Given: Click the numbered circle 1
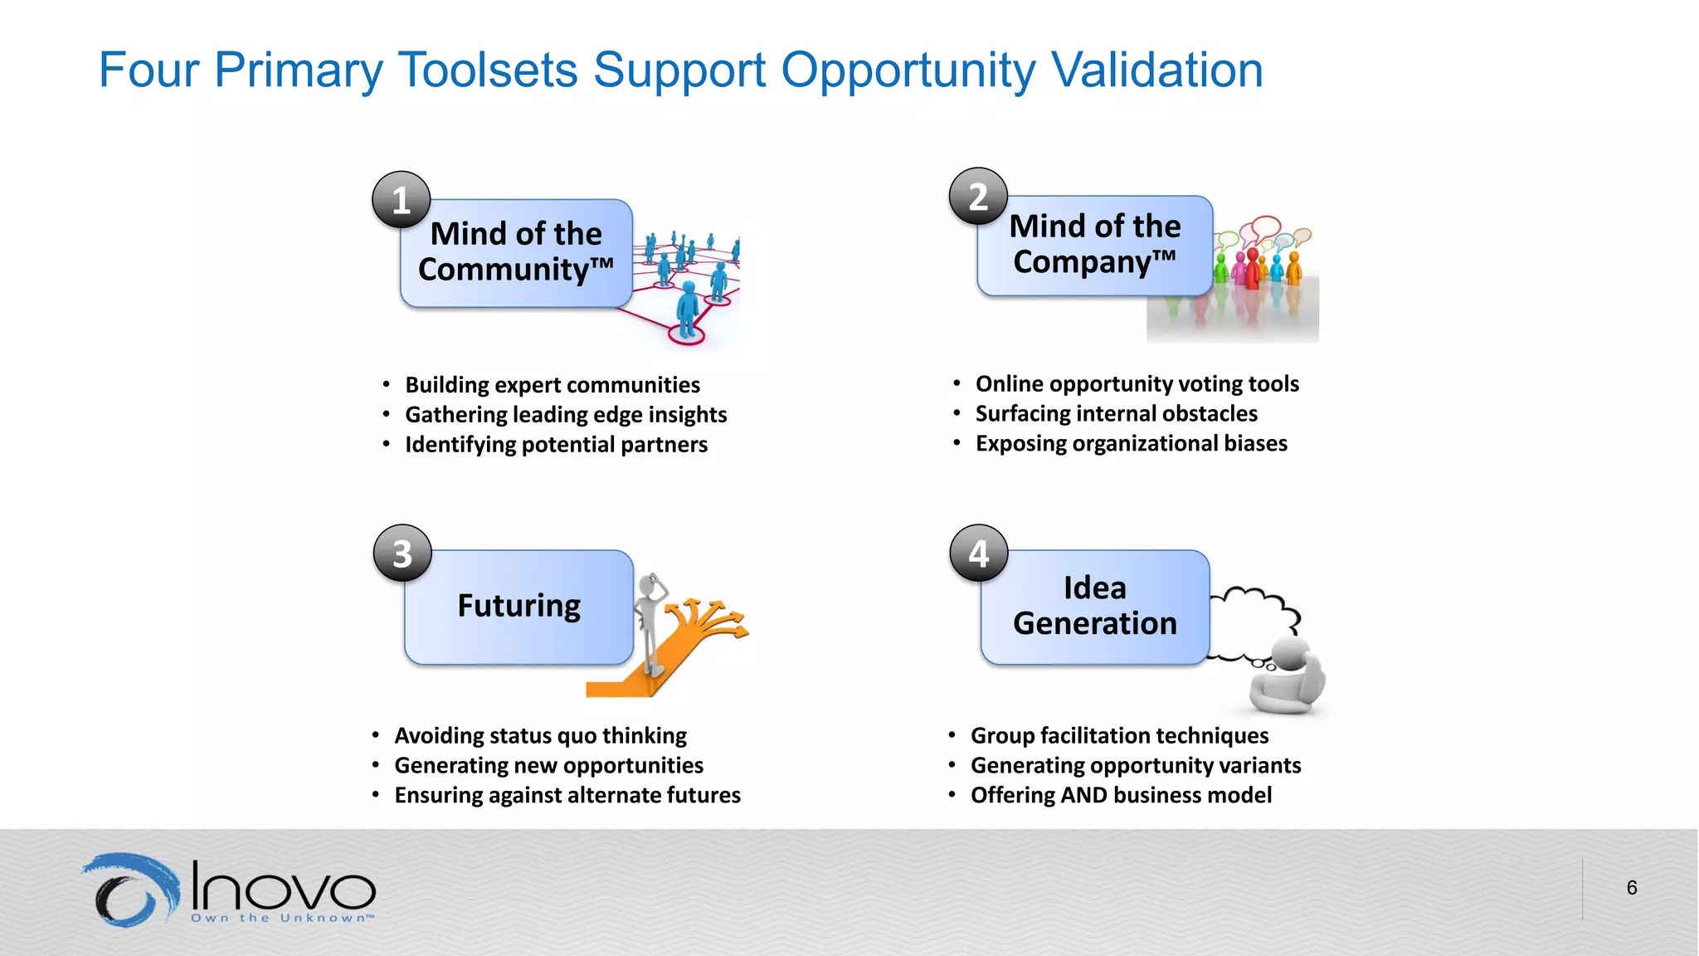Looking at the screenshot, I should [401, 200].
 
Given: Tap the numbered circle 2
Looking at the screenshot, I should [978, 197].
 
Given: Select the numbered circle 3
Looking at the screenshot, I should [402, 554].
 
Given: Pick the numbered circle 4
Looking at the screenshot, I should [979, 553].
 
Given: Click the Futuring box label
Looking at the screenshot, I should [518, 606].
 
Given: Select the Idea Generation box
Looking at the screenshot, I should [1094, 607].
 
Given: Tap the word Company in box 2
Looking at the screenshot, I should [1083, 262].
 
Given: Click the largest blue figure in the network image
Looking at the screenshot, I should [687, 311].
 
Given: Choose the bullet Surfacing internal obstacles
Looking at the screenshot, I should [1116, 413].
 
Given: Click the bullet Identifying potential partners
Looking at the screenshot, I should [556, 445].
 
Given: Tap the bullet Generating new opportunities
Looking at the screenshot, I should [548, 765].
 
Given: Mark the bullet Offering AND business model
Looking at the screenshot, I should [1121, 795].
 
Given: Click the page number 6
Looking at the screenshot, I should [1631, 888].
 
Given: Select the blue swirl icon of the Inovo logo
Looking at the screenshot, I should [131, 890].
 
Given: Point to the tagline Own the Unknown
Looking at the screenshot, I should [282, 918].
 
